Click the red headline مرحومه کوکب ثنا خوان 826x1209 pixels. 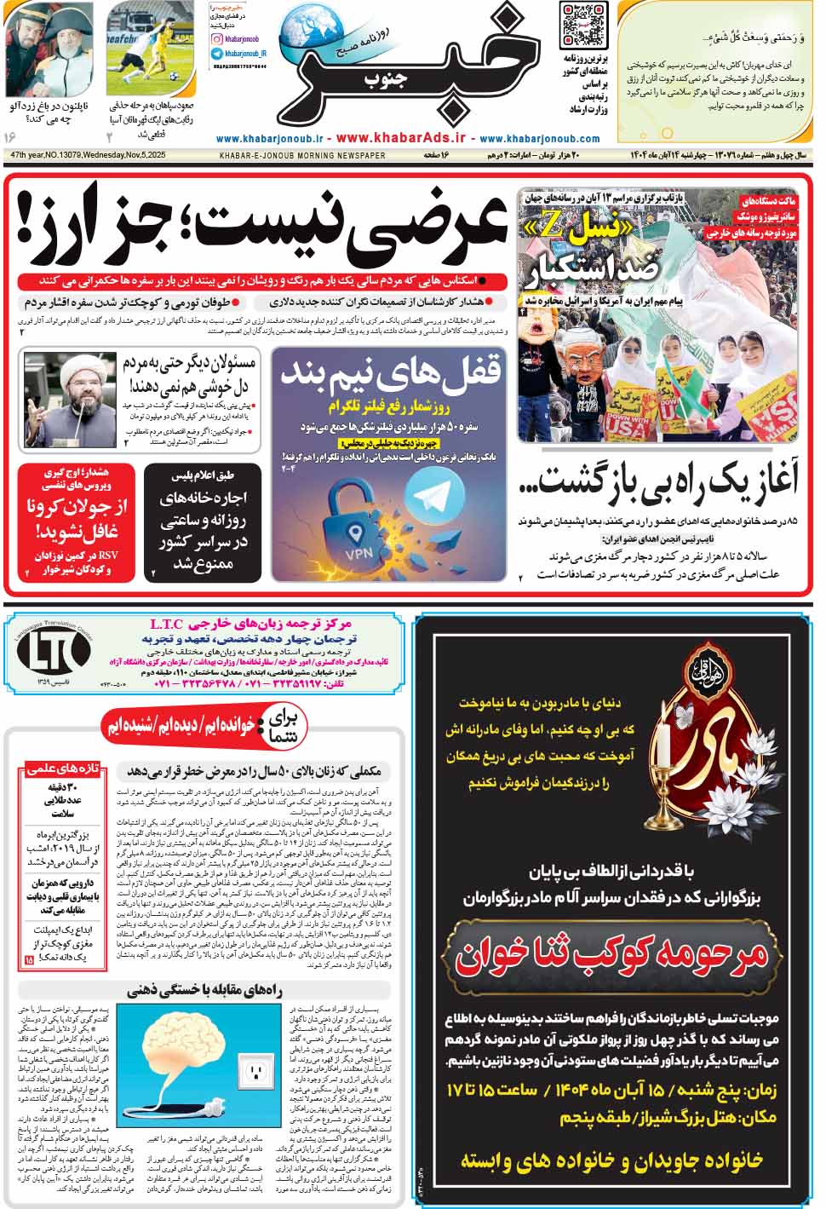[x=611, y=958]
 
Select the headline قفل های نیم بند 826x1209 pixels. [x=389, y=371]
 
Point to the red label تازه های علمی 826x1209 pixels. [x=63, y=769]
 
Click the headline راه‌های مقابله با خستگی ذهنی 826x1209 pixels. [x=216, y=990]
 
